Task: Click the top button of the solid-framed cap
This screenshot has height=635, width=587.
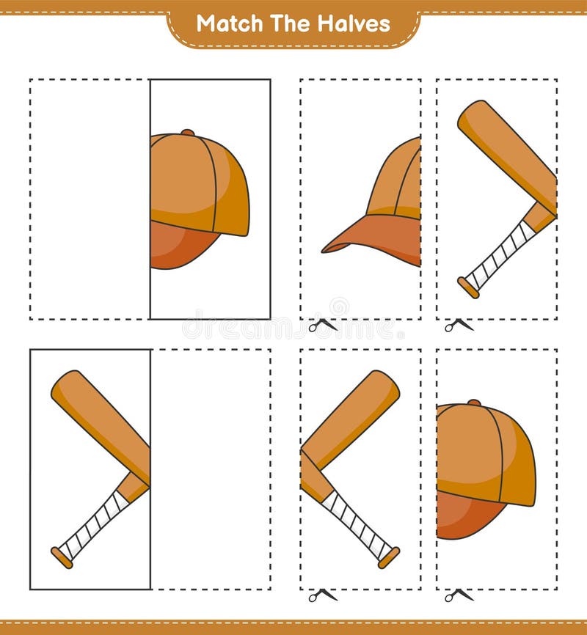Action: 188,133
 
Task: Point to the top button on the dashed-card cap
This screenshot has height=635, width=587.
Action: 474,403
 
